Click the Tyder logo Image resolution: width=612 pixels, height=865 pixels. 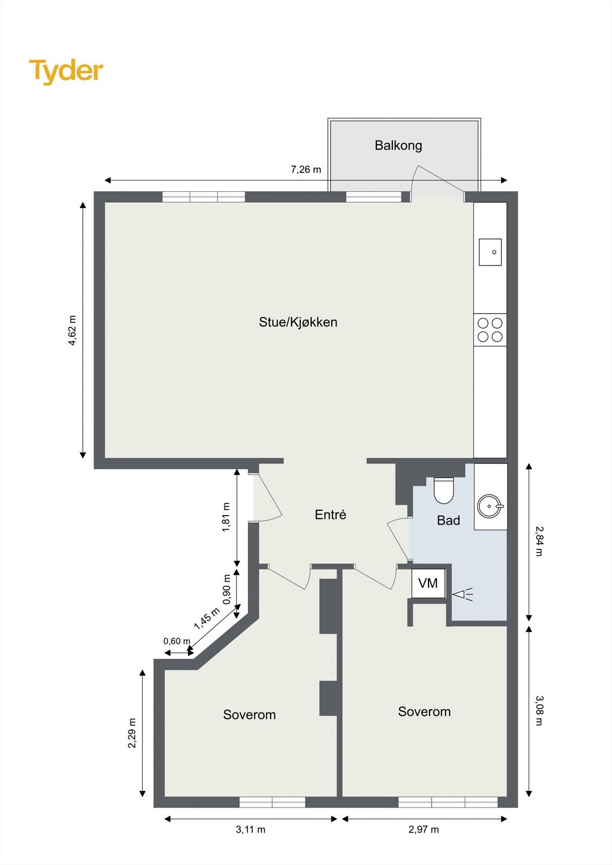click(65, 71)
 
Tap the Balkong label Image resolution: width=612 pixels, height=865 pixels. click(398, 145)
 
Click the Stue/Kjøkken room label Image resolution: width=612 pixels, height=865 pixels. click(298, 322)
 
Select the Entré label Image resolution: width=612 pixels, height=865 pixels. click(330, 515)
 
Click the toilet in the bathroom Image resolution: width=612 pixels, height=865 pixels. click(444, 490)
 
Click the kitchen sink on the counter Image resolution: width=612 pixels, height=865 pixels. click(490, 252)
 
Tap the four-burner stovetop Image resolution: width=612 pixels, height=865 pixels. click(490, 330)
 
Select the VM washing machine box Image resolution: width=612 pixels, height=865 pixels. click(428, 583)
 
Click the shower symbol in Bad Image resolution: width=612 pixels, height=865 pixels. click(463, 595)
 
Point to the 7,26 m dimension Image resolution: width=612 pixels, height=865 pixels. click(306, 170)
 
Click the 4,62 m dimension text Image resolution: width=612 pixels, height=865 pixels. click(73, 330)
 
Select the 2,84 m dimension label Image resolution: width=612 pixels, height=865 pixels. click(538, 541)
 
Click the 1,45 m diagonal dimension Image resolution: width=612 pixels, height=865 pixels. click(207, 618)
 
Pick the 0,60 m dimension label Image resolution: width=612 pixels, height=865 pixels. click(177, 641)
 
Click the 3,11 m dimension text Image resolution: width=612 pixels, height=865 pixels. click(251, 829)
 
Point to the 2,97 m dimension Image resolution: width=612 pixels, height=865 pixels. click(424, 829)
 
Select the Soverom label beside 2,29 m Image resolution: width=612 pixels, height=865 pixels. click(249, 715)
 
